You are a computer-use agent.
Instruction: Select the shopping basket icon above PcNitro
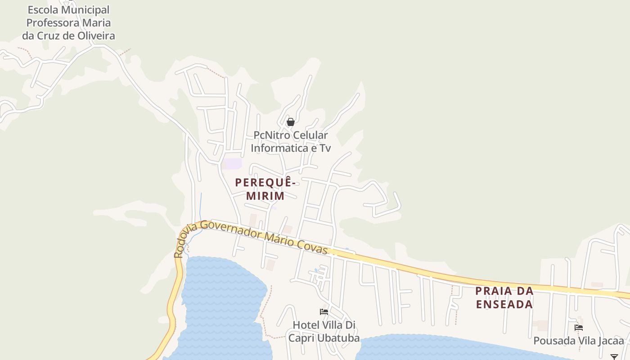291,122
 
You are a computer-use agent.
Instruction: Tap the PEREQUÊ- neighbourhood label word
265,183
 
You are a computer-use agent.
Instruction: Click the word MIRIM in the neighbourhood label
265,196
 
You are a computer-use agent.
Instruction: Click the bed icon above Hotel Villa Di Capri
324,311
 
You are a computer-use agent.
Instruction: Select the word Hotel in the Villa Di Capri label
306,325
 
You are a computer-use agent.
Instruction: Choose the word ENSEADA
504,305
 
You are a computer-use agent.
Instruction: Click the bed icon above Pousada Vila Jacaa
579,327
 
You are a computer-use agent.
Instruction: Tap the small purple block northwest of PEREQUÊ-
233,164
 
